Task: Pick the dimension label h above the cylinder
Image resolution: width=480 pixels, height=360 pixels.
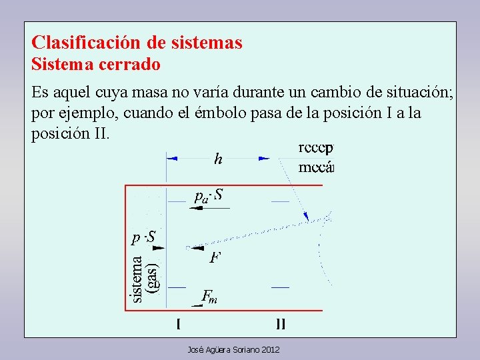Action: (218, 159)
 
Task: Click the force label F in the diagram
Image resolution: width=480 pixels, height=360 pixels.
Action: (215, 257)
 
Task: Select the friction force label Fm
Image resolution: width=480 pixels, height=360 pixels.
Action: (209, 297)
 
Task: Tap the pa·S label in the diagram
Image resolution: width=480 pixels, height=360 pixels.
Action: (209, 195)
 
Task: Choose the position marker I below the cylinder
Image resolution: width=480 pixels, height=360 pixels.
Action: (178, 325)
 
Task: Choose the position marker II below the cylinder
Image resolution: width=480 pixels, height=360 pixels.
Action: (281, 325)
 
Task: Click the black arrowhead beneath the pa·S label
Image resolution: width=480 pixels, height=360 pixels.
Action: (195, 208)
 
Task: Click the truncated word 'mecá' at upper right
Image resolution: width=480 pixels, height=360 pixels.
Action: (315, 167)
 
